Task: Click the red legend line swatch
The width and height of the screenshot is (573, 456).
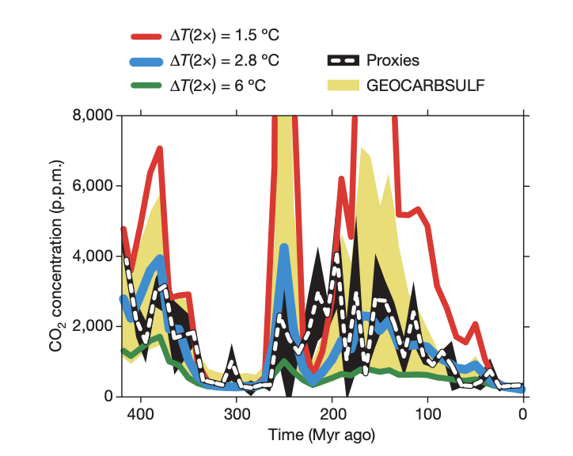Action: point(146,36)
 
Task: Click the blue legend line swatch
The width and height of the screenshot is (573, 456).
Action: point(146,60)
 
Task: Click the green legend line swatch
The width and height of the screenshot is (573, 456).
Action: point(146,85)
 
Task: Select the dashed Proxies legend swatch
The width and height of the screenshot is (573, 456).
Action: point(342,60)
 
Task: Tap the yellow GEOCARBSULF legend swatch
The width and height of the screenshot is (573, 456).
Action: point(342,85)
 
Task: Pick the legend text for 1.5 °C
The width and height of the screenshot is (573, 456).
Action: point(225,36)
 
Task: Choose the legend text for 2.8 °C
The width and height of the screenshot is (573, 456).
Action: point(225,60)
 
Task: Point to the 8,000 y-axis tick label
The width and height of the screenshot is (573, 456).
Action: point(93,116)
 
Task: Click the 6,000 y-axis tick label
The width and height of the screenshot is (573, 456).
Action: point(93,187)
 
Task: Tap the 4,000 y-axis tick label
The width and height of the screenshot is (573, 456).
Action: point(93,256)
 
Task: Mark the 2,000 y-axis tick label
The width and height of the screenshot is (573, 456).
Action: point(93,327)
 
